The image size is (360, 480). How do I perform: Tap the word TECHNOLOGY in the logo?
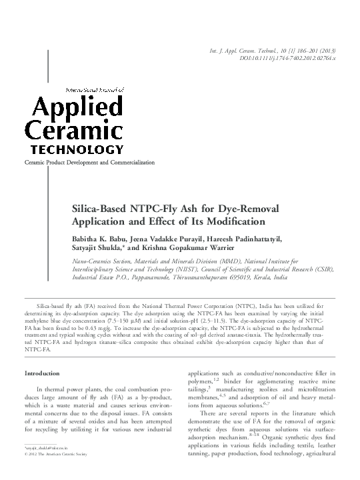tap(74, 150)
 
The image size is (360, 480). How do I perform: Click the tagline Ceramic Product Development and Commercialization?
tap(89, 163)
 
